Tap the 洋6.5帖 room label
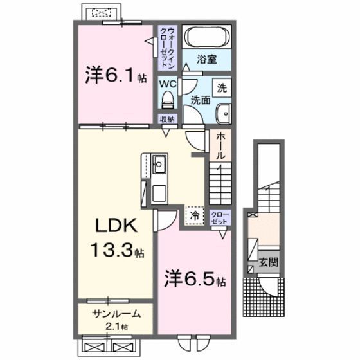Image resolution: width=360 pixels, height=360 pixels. coord(193,281)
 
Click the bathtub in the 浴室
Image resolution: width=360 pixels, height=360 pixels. coord(205,37)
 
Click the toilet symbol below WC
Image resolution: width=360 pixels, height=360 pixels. coord(167,100)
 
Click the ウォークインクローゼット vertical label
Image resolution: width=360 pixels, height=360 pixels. coord(166,47)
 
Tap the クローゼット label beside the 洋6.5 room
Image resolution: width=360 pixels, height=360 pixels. coord(219,217)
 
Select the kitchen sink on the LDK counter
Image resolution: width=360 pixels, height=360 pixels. coord(159,166)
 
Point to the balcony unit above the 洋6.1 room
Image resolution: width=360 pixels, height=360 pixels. coord(100,12)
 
